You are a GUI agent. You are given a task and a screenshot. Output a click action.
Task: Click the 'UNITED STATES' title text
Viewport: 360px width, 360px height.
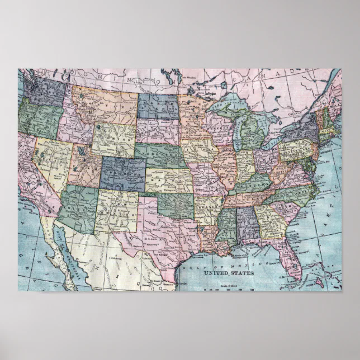[x=228, y=273]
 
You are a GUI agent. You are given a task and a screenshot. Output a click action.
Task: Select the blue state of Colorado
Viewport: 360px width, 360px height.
[x=122, y=172]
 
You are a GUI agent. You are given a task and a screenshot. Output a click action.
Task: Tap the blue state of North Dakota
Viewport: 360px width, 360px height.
[x=158, y=106]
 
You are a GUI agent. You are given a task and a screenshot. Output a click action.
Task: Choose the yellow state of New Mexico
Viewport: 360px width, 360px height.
[x=116, y=211]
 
